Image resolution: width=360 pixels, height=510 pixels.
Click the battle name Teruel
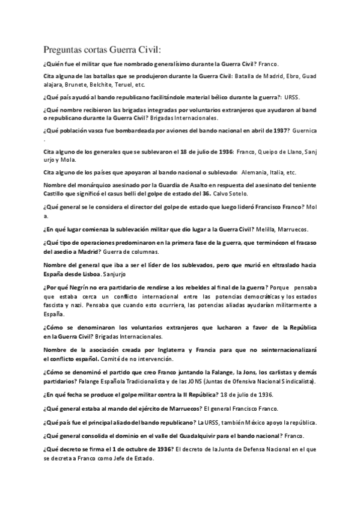click(x=123, y=85)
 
